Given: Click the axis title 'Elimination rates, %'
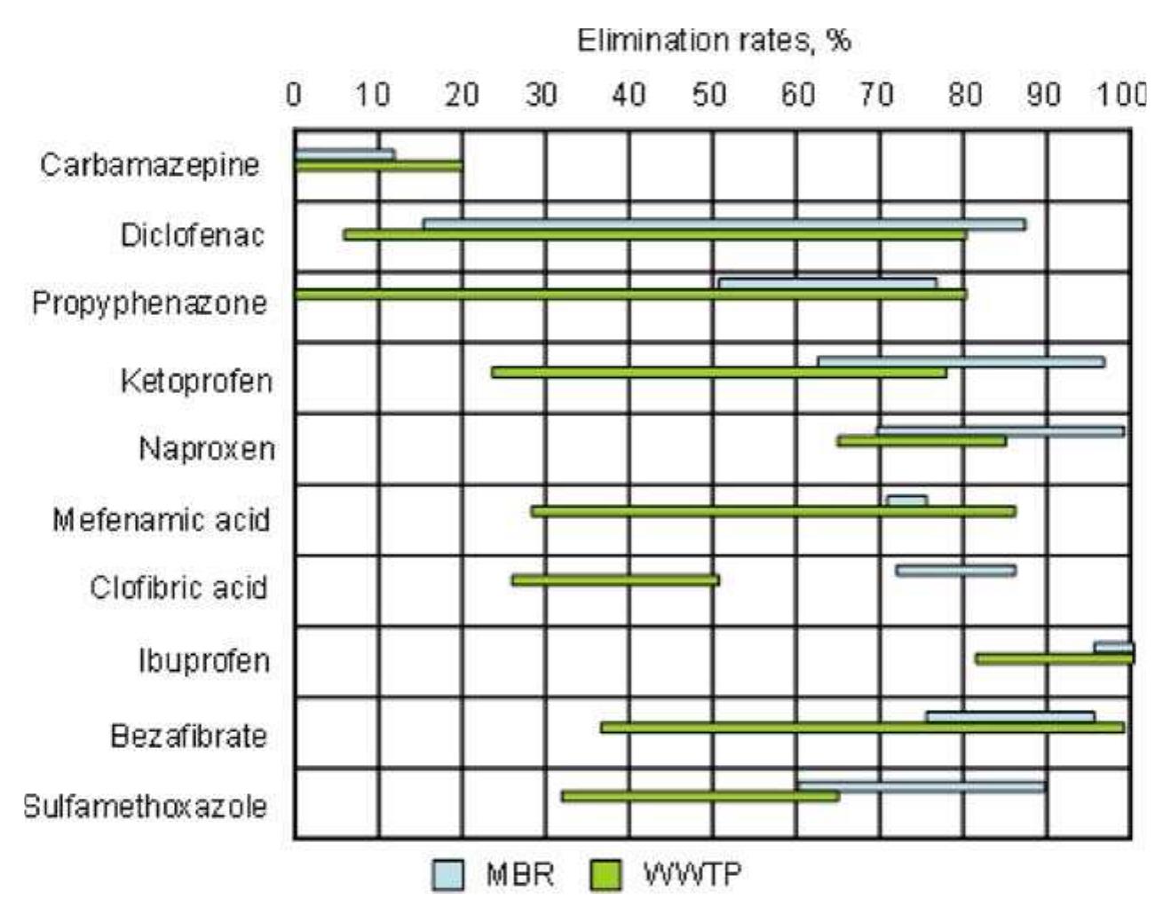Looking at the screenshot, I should [x=714, y=41].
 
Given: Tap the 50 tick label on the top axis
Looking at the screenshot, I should [x=709, y=94].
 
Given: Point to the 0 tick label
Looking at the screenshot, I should [x=294, y=94].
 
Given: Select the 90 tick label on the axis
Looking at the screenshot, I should [x=1044, y=94].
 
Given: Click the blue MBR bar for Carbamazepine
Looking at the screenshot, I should [x=344, y=154].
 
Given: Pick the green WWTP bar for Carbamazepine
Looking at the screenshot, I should [x=378, y=166].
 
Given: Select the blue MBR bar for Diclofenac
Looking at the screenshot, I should [x=724, y=225].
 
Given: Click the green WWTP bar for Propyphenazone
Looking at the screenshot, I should [x=630, y=294].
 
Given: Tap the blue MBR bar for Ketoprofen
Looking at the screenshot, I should [x=961, y=361].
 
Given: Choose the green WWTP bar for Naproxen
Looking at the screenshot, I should [x=922, y=440].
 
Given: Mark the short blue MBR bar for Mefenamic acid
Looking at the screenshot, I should [x=906, y=500].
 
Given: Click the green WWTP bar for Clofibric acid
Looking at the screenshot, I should [x=615, y=580].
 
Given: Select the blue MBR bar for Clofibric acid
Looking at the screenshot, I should [x=955, y=571].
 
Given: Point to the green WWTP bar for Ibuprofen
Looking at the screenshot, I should [x=1054, y=658].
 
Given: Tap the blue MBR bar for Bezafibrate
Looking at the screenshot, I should [x=1009, y=717].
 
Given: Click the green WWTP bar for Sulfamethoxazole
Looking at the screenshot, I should [x=700, y=796].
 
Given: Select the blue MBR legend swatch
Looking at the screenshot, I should [x=448, y=875].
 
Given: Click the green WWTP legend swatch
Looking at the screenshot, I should [x=605, y=875].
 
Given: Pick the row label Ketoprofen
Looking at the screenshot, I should [x=196, y=381].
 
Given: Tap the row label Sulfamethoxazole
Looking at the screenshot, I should [x=145, y=806].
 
